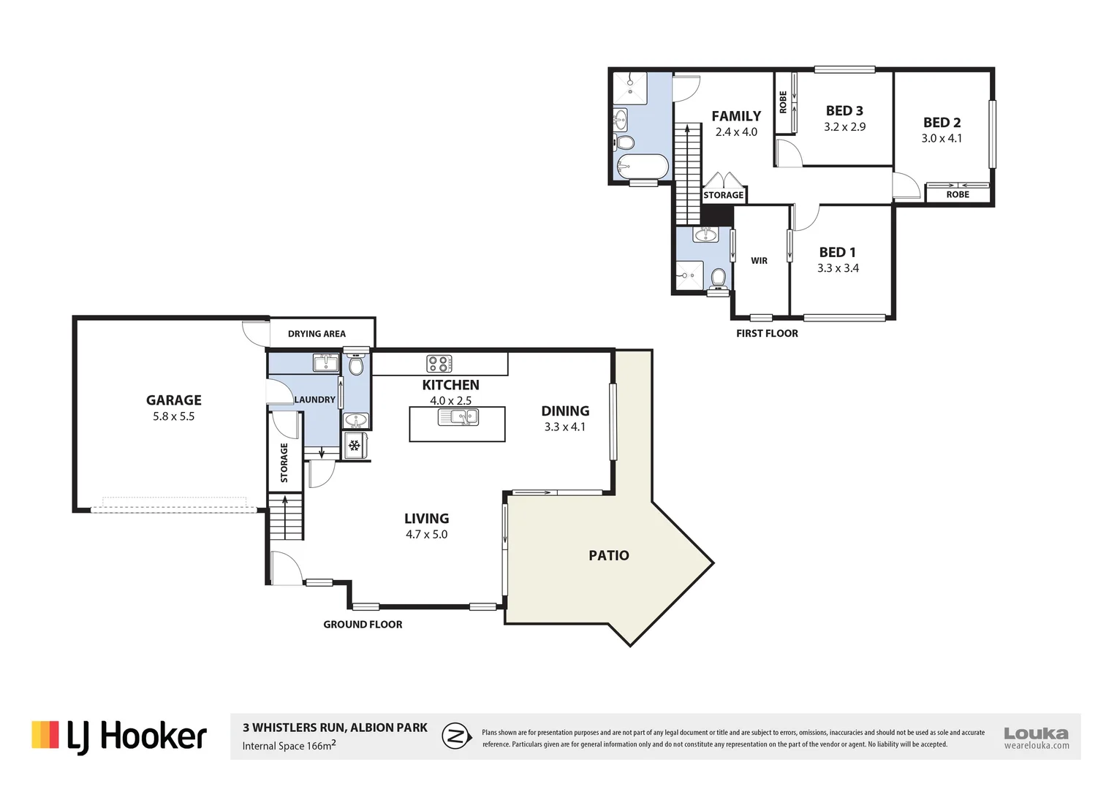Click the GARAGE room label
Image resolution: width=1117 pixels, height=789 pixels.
coord(173,400)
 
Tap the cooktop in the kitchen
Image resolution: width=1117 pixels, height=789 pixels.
coord(439,363)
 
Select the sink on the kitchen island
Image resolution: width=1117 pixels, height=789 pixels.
coord(458,417)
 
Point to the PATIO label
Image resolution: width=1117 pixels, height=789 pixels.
coord(608,556)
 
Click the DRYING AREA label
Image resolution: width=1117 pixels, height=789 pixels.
coord(317,334)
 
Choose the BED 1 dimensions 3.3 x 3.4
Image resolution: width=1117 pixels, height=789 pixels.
coord(838,268)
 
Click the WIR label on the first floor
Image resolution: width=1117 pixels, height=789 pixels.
coord(759,261)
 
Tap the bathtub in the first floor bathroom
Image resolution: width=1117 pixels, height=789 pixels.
coord(642,167)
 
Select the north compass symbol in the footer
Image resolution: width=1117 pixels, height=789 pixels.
coord(457,736)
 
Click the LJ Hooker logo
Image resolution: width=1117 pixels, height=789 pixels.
coord(119,736)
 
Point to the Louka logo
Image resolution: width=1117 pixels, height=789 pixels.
coord(1036,737)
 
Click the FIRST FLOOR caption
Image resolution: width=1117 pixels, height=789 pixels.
coord(767,333)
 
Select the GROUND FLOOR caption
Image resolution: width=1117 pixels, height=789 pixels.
coord(363,625)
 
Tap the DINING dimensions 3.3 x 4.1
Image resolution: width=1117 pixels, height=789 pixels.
coord(564,427)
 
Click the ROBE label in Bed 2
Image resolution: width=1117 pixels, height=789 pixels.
coord(957,195)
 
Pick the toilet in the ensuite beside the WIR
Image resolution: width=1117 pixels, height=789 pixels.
coord(719,278)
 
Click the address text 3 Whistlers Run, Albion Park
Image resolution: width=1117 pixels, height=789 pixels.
coord(335,728)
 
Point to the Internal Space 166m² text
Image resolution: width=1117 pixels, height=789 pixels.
coord(289,746)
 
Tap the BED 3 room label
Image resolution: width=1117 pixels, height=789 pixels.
coord(844,111)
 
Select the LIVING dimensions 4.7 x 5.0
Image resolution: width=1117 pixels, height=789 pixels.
coord(426,535)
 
